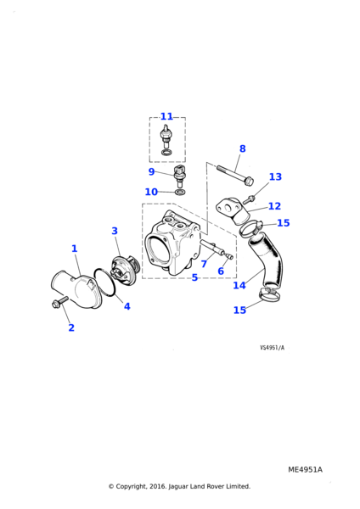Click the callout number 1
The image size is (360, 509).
click(x=75, y=249)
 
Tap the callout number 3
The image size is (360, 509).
click(x=115, y=231)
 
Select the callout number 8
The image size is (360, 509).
click(x=242, y=148)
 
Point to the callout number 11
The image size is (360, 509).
click(x=166, y=116)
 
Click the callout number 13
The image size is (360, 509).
click(x=275, y=177)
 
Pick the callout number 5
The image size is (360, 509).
click(x=194, y=277)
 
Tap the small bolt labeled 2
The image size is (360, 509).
click(x=59, y=302)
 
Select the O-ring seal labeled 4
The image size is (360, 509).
click(x=105, y=282)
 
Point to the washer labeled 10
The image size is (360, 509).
click(x=180, y=193)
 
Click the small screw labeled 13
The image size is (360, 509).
click(x=248, y=199)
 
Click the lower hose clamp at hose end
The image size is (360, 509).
click(x=269, y=294)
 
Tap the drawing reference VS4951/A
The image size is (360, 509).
click(x=272, y=348)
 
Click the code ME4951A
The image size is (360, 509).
click(x=305, y=470)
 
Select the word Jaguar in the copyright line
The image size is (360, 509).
click(x=178, y=486)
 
